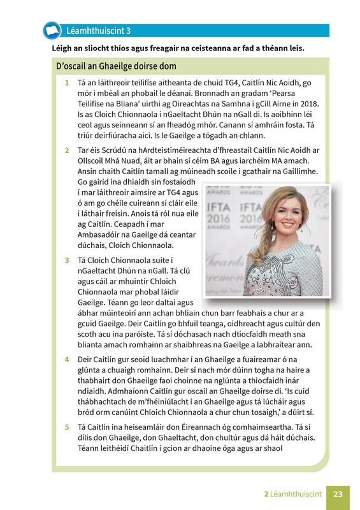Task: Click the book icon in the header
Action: click(50, 30)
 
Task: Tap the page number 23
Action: click(338, 493)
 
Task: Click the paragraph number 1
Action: click(66, 83)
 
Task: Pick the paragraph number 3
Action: click(66, 261)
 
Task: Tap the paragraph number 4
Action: click(66, 359)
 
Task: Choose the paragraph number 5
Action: click(66, 426)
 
